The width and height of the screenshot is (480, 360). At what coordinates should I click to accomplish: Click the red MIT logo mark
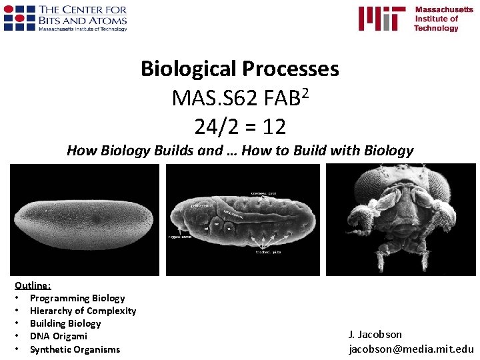coord(381,19)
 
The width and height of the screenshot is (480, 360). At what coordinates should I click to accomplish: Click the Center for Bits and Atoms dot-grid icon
coord(19,17)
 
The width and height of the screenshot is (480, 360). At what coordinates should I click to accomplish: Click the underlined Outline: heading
coord(33,285)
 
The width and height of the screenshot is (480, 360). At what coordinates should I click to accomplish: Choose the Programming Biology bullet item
coord(77,298)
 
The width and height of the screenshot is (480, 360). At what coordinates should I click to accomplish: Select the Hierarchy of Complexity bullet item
coord(83,311)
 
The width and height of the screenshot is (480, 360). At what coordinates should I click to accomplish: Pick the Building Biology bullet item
coord(65,323)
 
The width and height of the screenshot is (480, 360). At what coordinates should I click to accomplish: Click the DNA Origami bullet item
coord(58,336)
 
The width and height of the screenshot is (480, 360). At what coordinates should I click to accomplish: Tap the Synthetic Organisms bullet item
coord(75,349)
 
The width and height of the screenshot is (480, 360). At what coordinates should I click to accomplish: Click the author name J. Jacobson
coord(375,334)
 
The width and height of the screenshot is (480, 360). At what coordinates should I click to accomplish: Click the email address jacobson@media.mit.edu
coord(411,349)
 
